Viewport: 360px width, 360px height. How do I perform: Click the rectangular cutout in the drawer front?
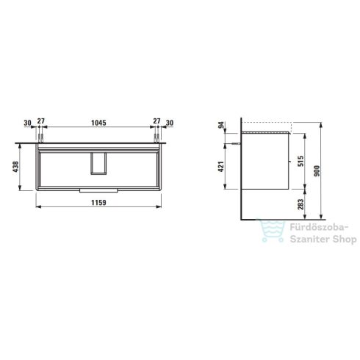click(97, 163)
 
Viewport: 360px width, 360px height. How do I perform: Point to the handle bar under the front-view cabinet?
click(97, 189)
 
